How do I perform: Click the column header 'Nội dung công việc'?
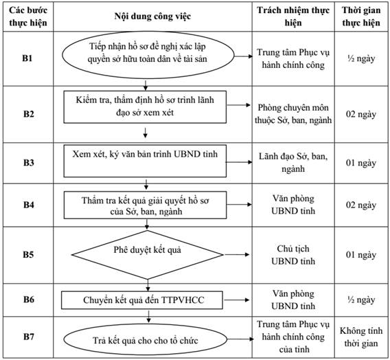tap(152, 16)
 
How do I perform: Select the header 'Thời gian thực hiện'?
tap(361, 16)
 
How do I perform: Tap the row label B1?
tap(27, 58)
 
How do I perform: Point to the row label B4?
tap(29, 205)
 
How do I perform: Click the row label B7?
tap(29, 337)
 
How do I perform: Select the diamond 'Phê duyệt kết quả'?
tap(147, 254)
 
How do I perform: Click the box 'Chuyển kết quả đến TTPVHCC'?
tap(142, 300)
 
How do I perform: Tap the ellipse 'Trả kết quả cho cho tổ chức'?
tap(146, 340)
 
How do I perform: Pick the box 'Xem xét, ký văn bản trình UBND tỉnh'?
tap(145, 161)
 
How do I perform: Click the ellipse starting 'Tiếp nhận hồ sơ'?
tap(148, 55)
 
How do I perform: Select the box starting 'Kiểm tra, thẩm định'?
tap(145, 107)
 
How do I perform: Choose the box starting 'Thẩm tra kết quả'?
tap(146, 205)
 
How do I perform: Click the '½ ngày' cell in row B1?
tap(361, 58)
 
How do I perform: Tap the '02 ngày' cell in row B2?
tap(361, 115)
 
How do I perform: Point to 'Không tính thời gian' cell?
tap(361, 337)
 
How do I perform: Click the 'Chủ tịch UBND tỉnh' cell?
tap(293, 255)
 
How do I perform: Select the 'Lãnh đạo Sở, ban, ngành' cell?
tap(293, 162)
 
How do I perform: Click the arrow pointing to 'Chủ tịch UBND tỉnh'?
tap(236, 254)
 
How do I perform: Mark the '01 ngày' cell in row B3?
tap(361, 163)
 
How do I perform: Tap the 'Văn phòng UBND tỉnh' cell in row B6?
tap(293, 300)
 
